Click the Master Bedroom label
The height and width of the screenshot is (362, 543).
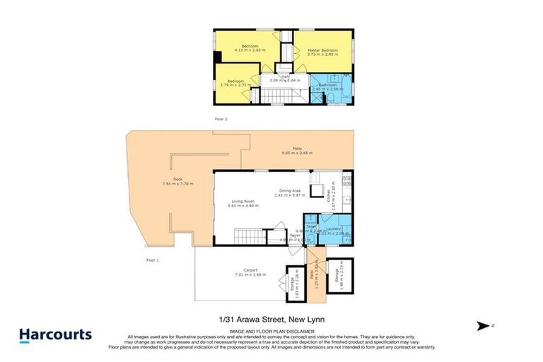click(322, 50)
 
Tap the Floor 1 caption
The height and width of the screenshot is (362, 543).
click(153, 260)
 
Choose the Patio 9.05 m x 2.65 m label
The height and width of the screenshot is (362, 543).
click(297, 149)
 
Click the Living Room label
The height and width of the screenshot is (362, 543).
click(243, 202)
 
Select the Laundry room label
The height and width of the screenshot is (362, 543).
click(334, 228)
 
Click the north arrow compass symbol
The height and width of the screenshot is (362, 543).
click(484, 325)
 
